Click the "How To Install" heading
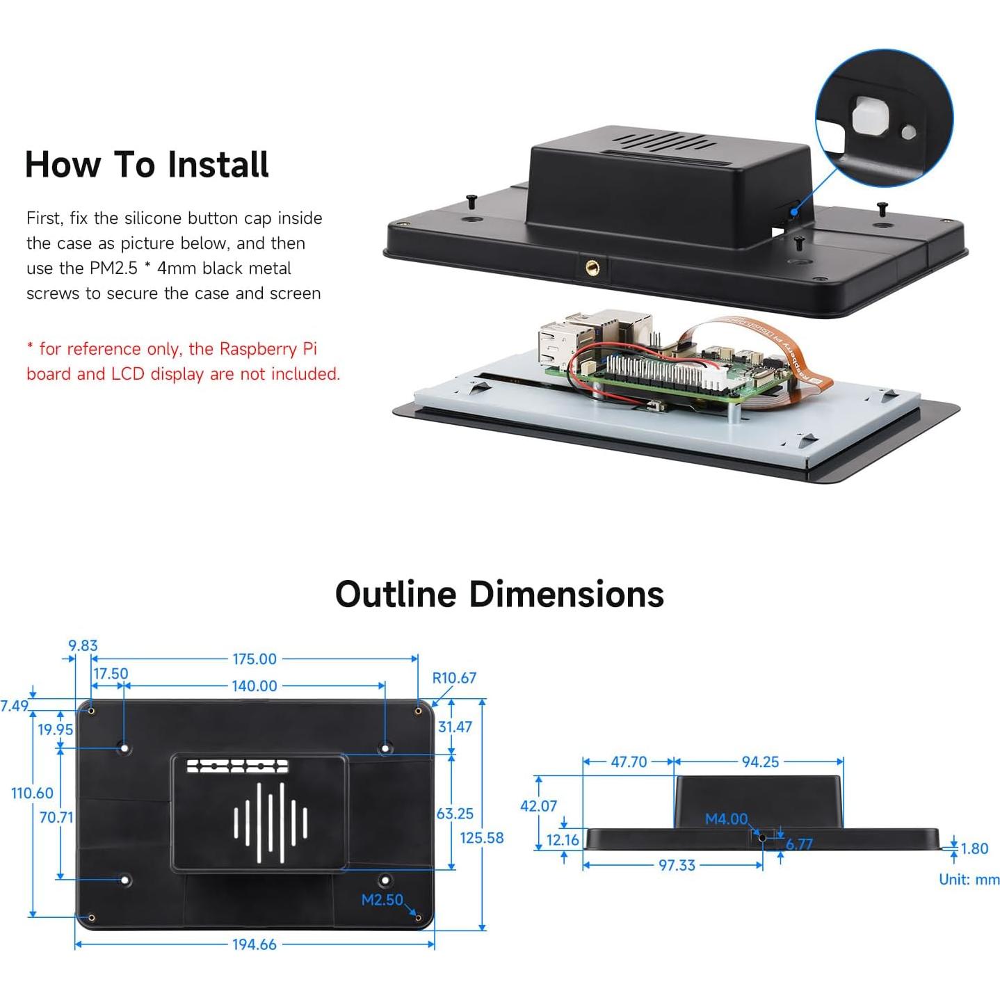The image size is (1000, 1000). (x=147, y=165)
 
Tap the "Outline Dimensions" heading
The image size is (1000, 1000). (x=499, y=595)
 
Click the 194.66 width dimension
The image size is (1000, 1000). (x=255, y=944)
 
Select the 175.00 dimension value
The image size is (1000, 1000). (x=255, y=659)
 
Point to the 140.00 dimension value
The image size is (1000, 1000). (x=255, y=686)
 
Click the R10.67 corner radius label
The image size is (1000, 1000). (x=454, y=678)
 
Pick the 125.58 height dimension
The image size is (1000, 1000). (x=482, y=838)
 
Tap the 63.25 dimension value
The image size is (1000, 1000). (x=455, y=814)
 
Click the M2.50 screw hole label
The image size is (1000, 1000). (x=382, y=900)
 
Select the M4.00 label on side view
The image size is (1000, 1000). (x=727, y=819)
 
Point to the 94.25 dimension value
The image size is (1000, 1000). (x=760, y=762)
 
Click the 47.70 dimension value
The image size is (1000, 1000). (x=629, y=762)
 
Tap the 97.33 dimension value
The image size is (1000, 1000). (x=677, y=865)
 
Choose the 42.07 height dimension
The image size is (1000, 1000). (x=538, y=805)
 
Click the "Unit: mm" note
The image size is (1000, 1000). (x=969, y=880)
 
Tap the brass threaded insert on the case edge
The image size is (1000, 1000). (x=593, y=266)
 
